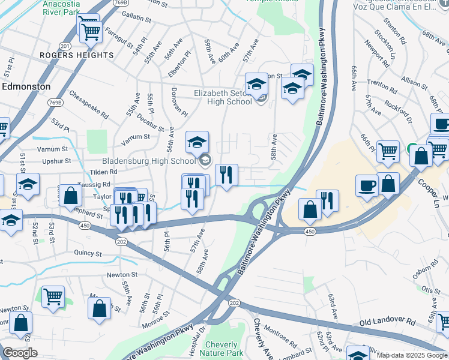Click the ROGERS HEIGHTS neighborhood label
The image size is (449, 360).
point(76,55)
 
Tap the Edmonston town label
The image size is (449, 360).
point(26,86)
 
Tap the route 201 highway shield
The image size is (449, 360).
point(65,46)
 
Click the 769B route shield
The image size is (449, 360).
point(55,103)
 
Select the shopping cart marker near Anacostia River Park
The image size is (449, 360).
point(90,30)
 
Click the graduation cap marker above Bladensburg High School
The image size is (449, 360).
point(197,143)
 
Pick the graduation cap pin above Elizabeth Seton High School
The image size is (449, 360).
point(256,85)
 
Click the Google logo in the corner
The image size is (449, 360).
point(20,353)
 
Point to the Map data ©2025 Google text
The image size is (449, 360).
point(412,355)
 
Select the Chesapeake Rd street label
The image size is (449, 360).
point(89,104)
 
